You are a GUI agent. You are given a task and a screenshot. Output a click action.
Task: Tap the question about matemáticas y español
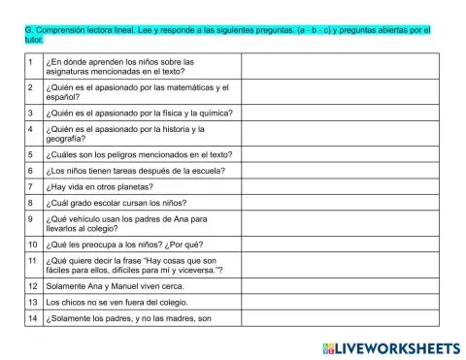(x=137, y=92)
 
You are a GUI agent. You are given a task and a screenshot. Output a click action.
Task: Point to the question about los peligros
(x=134, y=153)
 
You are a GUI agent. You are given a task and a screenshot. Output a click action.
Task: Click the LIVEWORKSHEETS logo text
(x=398, y=346)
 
